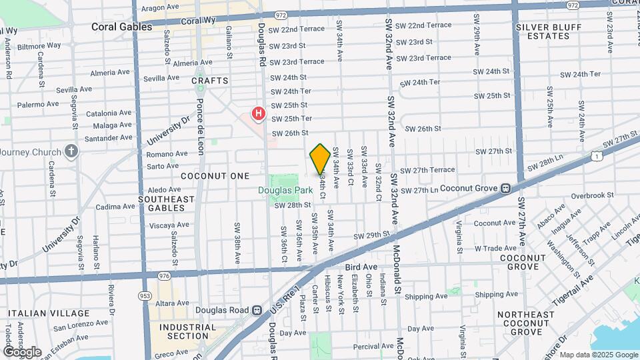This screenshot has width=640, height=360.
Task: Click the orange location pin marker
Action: pyautogui.click(x=320, y=159)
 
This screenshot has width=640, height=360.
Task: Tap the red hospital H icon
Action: pyautogui.click(x=258, y=114)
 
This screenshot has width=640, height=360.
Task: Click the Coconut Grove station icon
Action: pyautogui.click(x=506, y=189)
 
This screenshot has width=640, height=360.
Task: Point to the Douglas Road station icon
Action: pyautogui.click(x=256, y=310)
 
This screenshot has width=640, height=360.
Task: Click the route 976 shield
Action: pyautogui.click(x=164, y=275)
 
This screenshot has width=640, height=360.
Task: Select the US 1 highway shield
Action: pyautogui.click(x=596, y=156)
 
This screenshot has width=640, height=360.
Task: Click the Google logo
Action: pyautogui.click(x=22, y=352)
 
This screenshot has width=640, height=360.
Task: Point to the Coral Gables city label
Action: pyautogui.click(x=122, y=27)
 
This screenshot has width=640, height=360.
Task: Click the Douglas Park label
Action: pyautogui.click(x=285, y=190)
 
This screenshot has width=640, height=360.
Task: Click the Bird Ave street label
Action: pyautogui.click(x=361, y=267)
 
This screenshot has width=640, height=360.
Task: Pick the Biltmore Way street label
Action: pyautogui.click(x=39, y=47)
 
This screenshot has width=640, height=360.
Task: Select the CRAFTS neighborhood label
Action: pyautogui.click(x=209, y=81)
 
